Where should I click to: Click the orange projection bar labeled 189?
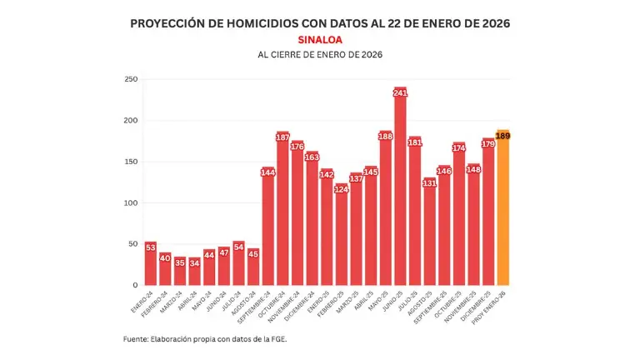(x=502, y=208)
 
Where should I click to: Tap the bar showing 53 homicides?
(x=151, y=263)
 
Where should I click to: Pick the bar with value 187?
(x=282, y=208)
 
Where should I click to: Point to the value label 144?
(x=268, y=173)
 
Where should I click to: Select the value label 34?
(x=195, y=263)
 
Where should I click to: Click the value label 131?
(x=429, y=183)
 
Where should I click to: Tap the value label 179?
(x=488, y=144)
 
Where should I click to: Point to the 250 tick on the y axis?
(x=131, y=79)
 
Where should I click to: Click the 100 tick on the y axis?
(x=131, y=202)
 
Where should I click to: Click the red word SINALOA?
(x=319, y=39)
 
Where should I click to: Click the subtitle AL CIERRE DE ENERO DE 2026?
(x=319, y=55)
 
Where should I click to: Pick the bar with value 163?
(x=312, y=218)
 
